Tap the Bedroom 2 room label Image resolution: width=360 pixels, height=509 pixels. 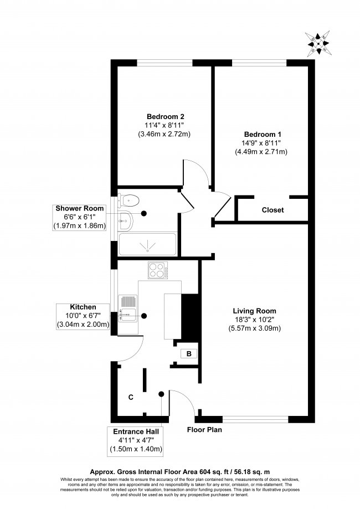click(x=165, y=116)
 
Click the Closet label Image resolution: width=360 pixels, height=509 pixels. click(x=272, y=210)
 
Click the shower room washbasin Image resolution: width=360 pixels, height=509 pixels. click(x=125, y=221)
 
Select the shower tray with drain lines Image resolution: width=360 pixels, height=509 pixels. click(x=148, y=244)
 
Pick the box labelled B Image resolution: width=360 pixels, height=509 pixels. click(x=188, y=354)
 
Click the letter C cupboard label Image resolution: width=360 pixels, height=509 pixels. click(x=131, y=397)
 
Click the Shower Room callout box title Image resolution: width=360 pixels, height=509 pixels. click(x=79, y=208)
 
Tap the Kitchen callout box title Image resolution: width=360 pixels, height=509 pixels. click(x=83, y=307)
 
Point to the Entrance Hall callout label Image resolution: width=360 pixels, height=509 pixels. click(x=136, y=431)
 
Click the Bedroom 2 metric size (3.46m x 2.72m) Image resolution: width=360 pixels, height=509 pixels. click(x=165, y=134)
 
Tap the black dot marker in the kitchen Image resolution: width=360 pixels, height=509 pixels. click(x=144, y=316)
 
